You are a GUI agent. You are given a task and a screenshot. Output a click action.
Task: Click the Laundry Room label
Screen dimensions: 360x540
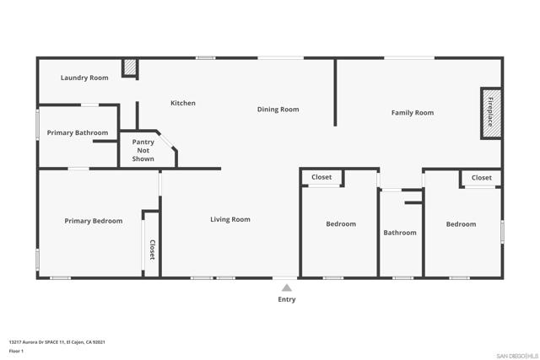(84, 78)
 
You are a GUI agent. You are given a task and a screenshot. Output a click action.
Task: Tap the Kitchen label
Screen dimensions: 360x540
(183, 103)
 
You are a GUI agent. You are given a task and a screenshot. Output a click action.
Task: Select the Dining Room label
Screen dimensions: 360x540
(278, 110)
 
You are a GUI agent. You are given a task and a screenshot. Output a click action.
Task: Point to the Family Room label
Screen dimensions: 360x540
(413, 112)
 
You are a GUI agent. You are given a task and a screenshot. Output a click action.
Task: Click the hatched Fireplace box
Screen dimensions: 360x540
(489, 112)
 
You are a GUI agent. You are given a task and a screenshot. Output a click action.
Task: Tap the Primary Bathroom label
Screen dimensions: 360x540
(78, 132)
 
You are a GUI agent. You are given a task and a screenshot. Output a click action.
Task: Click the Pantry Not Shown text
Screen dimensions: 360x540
(143, 150)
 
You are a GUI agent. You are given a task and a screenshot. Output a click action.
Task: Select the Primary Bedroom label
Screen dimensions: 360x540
(94, 221)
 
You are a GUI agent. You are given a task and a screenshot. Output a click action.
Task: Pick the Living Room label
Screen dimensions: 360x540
(230, 219)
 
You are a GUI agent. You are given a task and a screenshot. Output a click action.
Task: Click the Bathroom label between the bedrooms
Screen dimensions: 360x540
(400, 233)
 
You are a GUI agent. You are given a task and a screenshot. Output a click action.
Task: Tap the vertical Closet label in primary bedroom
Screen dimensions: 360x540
(153, 250)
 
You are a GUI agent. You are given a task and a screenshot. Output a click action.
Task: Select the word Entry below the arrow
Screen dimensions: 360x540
(287, 299)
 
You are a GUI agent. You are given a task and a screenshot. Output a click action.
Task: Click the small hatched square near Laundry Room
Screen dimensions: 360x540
(130, 67)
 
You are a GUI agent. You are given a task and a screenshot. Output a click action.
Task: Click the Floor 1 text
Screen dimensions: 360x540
(17, 351)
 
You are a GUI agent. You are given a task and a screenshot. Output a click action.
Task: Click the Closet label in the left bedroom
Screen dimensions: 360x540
(321, 177)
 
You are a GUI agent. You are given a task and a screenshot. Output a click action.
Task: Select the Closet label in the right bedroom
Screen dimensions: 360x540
(482, 178)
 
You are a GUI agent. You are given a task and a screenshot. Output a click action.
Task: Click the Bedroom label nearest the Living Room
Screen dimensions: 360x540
(341, 224)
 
